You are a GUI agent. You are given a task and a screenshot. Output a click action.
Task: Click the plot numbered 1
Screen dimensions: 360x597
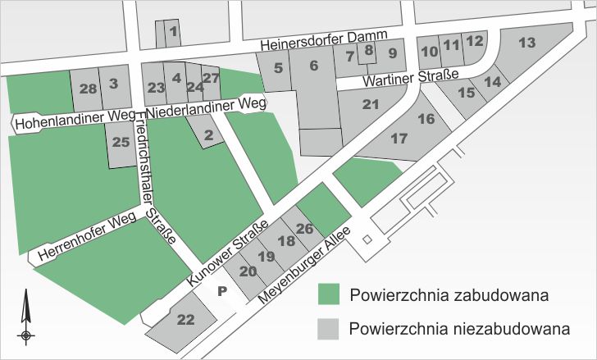click(x=173, y=33)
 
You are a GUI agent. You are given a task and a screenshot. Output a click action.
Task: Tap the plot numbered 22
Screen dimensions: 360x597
click(x=186, y=320)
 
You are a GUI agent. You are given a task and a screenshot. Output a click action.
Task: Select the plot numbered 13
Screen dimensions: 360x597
click(x=527, y=42)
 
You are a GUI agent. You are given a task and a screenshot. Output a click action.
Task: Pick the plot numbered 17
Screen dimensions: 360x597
click(x=399, y=139)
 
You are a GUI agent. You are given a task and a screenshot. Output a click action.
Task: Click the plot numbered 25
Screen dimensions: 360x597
click(x=121, y=143)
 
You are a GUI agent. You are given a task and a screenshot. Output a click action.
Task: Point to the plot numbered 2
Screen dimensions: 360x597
click(x=208, y=134)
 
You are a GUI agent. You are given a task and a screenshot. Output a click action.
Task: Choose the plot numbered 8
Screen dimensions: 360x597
click(x=369, y=50)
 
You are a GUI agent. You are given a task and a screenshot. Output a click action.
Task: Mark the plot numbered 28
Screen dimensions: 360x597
click(x=89, y=87)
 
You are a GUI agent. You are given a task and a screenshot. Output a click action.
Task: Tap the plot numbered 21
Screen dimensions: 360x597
click(x=371, y=104)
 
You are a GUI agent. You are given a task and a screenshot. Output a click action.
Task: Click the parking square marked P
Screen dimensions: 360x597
click(x=221, y=290)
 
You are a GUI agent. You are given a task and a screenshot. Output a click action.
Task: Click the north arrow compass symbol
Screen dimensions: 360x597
click(x=27, y=316)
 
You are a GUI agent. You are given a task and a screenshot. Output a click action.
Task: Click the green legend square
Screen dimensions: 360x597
click(x=328, y=295)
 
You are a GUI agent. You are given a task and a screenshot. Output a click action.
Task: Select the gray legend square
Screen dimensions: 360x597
click(x=328, y=329)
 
